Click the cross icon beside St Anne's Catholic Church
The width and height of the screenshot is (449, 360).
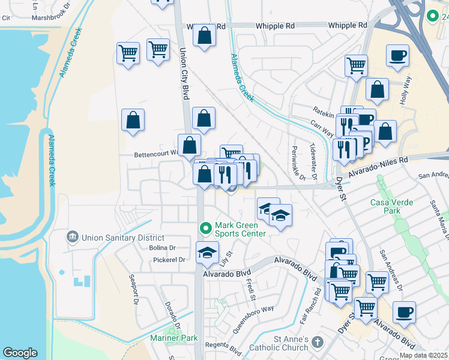(x=317, y=344)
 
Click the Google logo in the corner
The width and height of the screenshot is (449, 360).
(x=20, y=352)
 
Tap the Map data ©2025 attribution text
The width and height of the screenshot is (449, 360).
(x=424, y=355)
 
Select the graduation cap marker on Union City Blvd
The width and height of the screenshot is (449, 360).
(x=207, y=253)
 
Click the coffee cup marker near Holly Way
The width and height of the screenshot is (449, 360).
(x=397, y=56)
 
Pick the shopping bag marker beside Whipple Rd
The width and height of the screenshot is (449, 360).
(x=204, y=35)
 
